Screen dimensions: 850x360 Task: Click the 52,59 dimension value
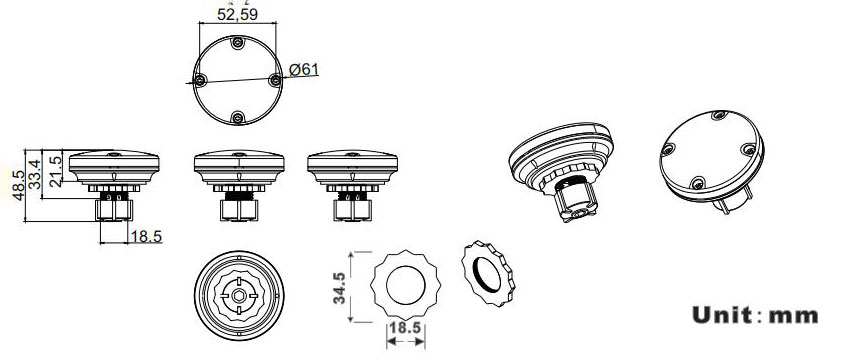pyautogui.click(x=237, y=14)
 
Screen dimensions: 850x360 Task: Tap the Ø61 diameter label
pyautogui.click(x=304, y=69)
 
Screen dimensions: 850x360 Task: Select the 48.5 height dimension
pyautogui.click(x=18, y=185)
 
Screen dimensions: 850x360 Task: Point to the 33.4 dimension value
pyautogui.click(x=34, y=174)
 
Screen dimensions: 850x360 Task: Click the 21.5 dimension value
pyautogui.click(x=55, y=171)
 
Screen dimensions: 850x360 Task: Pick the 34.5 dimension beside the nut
pyautogui.click(x=339, y=288)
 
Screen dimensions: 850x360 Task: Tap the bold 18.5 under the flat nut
pyautogui.click(x=405, y=328)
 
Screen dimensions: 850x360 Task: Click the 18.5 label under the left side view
pyautogui.click(x=146, y=237)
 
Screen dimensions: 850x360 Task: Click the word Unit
pyautogui.click(x=722, y=315)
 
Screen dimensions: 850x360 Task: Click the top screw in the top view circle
pyautogui.click(x=237, y=43)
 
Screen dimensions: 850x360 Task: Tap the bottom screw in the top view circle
pyautogui.click(x=237, y=117)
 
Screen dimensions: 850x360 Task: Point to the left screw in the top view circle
pyautogui.click(x=200, y=80)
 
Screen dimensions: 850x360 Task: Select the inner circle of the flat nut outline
pyautogui.click(x=405, y=285)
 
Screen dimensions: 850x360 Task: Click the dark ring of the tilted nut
pyautogui.click(x=487, y=274)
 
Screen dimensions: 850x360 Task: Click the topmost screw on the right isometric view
pyautogui.click(x=719, y=115)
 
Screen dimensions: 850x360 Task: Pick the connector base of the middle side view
pyautogui.click(x=239, y=210)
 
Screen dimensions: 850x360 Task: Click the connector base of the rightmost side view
pyautogui.click(x=352, y=210)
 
